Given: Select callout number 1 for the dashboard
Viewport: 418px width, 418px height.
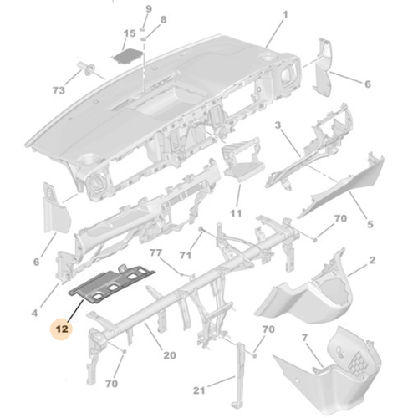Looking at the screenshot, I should (x=283, y=14).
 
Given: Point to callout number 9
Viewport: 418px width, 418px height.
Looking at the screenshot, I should (x=150, y=8).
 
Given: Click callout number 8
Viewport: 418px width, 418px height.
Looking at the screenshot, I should (x=163, y=19).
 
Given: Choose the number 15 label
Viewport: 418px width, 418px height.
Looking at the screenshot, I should (x=129, y=34).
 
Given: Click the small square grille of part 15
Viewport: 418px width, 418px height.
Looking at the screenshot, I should (x=128, y=54).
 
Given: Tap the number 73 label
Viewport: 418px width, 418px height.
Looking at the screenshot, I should (x=59, y=89).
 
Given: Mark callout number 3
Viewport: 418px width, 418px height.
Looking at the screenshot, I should (x=278, y=125).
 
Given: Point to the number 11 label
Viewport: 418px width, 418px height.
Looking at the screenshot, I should (x=235, y=214).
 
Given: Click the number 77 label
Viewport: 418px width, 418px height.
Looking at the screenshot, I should (x=155, y=252).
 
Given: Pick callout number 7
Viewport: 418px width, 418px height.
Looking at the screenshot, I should (x=305, y=338).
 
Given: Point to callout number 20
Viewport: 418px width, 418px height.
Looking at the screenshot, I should (x=169, y=355).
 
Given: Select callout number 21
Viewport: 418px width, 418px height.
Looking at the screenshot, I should (x=199, y=390).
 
